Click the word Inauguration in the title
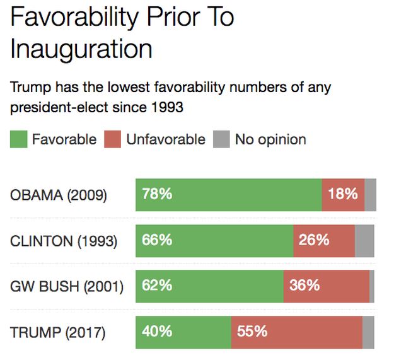coord(81,49)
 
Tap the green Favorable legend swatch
coord(18,139)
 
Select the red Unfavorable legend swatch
coord(112,139)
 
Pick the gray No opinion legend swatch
coord(222,139)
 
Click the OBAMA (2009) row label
coord(59,195)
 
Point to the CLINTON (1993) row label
coord(64,241)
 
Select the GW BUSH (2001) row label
coord(67,286)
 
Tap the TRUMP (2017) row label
coord(58,332)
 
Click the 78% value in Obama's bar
coord(157,194)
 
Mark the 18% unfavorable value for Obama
coord(343,194)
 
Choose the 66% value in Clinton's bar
coord(157,240)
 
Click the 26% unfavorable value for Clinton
coord(314,240)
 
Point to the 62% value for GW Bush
coord(157,286)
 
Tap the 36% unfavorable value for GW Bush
coord(304,286)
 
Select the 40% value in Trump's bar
coord(157,332)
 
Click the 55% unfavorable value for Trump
coord(252,332)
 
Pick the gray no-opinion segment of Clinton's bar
coord(364,241)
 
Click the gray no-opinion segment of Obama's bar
coord(371,195)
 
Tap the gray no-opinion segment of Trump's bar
coord(368,332)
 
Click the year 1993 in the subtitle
coord(166,107)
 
